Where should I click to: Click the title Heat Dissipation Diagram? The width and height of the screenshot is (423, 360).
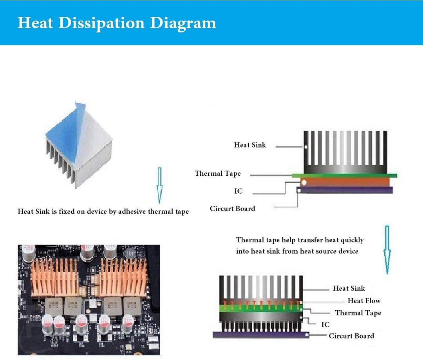click(x=117, y=23)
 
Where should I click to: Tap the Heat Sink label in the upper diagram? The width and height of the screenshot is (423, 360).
click(x=250, y=145)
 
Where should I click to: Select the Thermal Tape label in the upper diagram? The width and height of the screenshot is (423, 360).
click(x=218, y=173)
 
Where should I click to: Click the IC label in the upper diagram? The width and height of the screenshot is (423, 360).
click(x=238, y=191)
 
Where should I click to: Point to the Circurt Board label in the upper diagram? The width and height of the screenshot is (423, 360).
click(x=232, y=209)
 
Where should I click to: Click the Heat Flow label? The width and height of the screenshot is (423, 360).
click(x=364, y=301)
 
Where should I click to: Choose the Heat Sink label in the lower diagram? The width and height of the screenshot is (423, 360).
click(x=349, y=288)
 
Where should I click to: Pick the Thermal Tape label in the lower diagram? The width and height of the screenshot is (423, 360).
click(x=358, y=313)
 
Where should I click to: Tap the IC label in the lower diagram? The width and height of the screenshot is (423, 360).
click(x=325, y=325)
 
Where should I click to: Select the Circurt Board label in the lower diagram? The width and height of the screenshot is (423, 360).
click(x=351, y=336)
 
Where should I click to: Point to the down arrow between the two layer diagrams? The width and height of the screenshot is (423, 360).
click(x=387, y=249)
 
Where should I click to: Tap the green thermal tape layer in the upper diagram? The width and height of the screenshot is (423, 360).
click(x=345, y=176)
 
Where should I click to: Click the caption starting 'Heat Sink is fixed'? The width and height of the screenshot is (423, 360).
click(x=103, y=212)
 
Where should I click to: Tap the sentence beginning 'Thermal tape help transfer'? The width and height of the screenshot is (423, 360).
click(x=300, y=245)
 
